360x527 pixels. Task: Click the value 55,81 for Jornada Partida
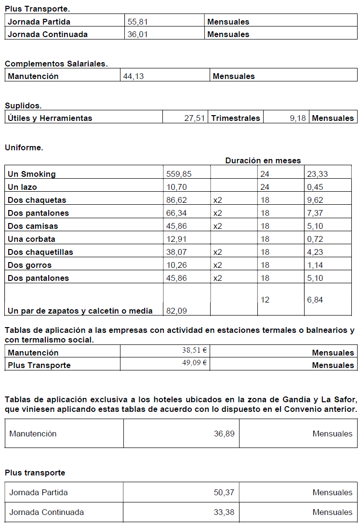[x=137, y=22]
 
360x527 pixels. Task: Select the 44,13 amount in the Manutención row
[x=133, y=76]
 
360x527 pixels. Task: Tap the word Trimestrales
[x=236, y=118]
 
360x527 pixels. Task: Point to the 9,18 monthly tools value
[x=298, y=118]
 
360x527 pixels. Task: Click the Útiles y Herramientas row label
[x=50, y=118]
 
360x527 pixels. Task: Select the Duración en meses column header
[x=263, y=160]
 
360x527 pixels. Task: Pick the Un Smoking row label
[x=32, y=174]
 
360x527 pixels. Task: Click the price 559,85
[x=179, y=174]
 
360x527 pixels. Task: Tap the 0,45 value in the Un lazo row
[x=315, y=187]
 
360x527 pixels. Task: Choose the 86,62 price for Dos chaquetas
[x=176, y=200]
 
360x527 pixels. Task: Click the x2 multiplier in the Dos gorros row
[x=217, y=265]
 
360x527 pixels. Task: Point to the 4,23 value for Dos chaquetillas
[x=315, y=252]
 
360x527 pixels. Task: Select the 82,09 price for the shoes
[x=176, y=311]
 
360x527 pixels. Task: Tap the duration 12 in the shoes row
[x=265, y=300]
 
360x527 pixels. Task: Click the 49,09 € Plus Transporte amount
[x=194, y=363]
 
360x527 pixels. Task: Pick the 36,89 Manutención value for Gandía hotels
[x=224, y=434]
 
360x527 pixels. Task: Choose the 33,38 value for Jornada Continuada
[x=224, y=512]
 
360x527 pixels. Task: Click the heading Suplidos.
[x=23, y=105]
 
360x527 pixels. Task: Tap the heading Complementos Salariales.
[x=56, y=64]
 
